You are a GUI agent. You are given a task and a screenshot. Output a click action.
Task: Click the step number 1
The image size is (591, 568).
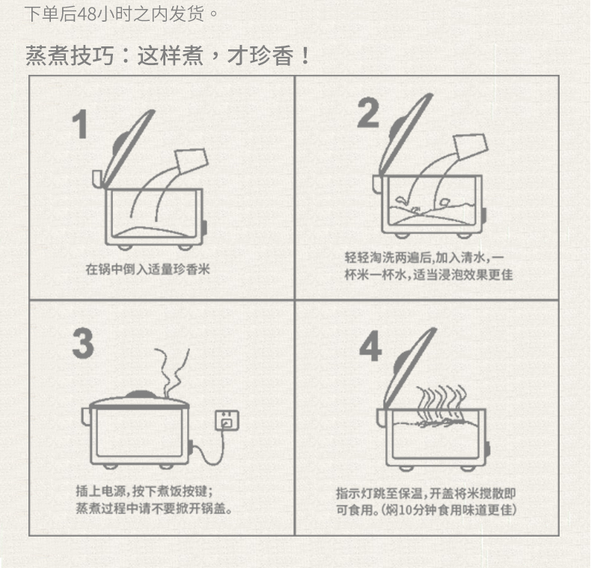coord(81,124)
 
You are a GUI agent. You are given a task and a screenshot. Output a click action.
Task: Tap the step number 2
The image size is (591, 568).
coord(368,112)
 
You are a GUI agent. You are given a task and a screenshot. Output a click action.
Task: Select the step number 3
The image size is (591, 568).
coord(83,343)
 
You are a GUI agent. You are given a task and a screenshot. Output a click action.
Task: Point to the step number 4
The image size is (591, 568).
coord(370,346)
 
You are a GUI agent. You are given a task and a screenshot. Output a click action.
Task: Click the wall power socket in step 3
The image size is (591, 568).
coord(227,420)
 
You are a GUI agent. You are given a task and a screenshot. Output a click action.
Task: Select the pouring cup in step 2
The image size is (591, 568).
coord(471,147)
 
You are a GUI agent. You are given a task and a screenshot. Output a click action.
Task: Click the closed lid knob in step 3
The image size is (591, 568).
coord(140,394)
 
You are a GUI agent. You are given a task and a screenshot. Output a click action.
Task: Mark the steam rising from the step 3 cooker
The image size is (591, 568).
coord(172,372)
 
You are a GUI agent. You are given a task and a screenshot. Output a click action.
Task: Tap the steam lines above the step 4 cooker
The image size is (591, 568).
coord(441,402)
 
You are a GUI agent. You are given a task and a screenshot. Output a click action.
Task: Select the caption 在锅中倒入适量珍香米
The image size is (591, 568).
coord(147,269)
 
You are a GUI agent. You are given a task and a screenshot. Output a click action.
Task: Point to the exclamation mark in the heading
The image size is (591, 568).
coord(305,56)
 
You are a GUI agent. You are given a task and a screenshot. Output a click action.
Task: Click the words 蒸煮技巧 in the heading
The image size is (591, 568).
coord(70,56)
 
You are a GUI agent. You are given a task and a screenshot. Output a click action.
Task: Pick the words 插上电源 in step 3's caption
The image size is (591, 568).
coord(101,491)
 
